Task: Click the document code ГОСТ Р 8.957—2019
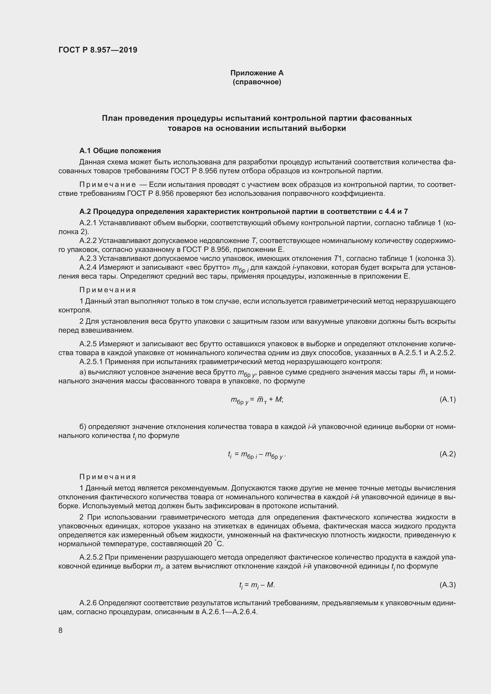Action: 98,50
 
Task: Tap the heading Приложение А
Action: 257,73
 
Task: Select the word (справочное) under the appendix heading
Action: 257,82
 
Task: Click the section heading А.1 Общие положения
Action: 120,150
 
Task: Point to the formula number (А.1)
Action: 447,399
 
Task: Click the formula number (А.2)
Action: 447,454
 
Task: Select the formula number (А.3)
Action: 447,585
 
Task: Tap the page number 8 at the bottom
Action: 61,630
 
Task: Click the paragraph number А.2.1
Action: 88,223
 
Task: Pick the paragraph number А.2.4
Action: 88,268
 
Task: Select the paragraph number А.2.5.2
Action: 91,557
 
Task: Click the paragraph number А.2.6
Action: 88,603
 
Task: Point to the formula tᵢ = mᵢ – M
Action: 257,585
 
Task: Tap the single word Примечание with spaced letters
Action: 108,185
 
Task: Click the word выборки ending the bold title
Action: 328,128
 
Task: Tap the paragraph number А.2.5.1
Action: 91,361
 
